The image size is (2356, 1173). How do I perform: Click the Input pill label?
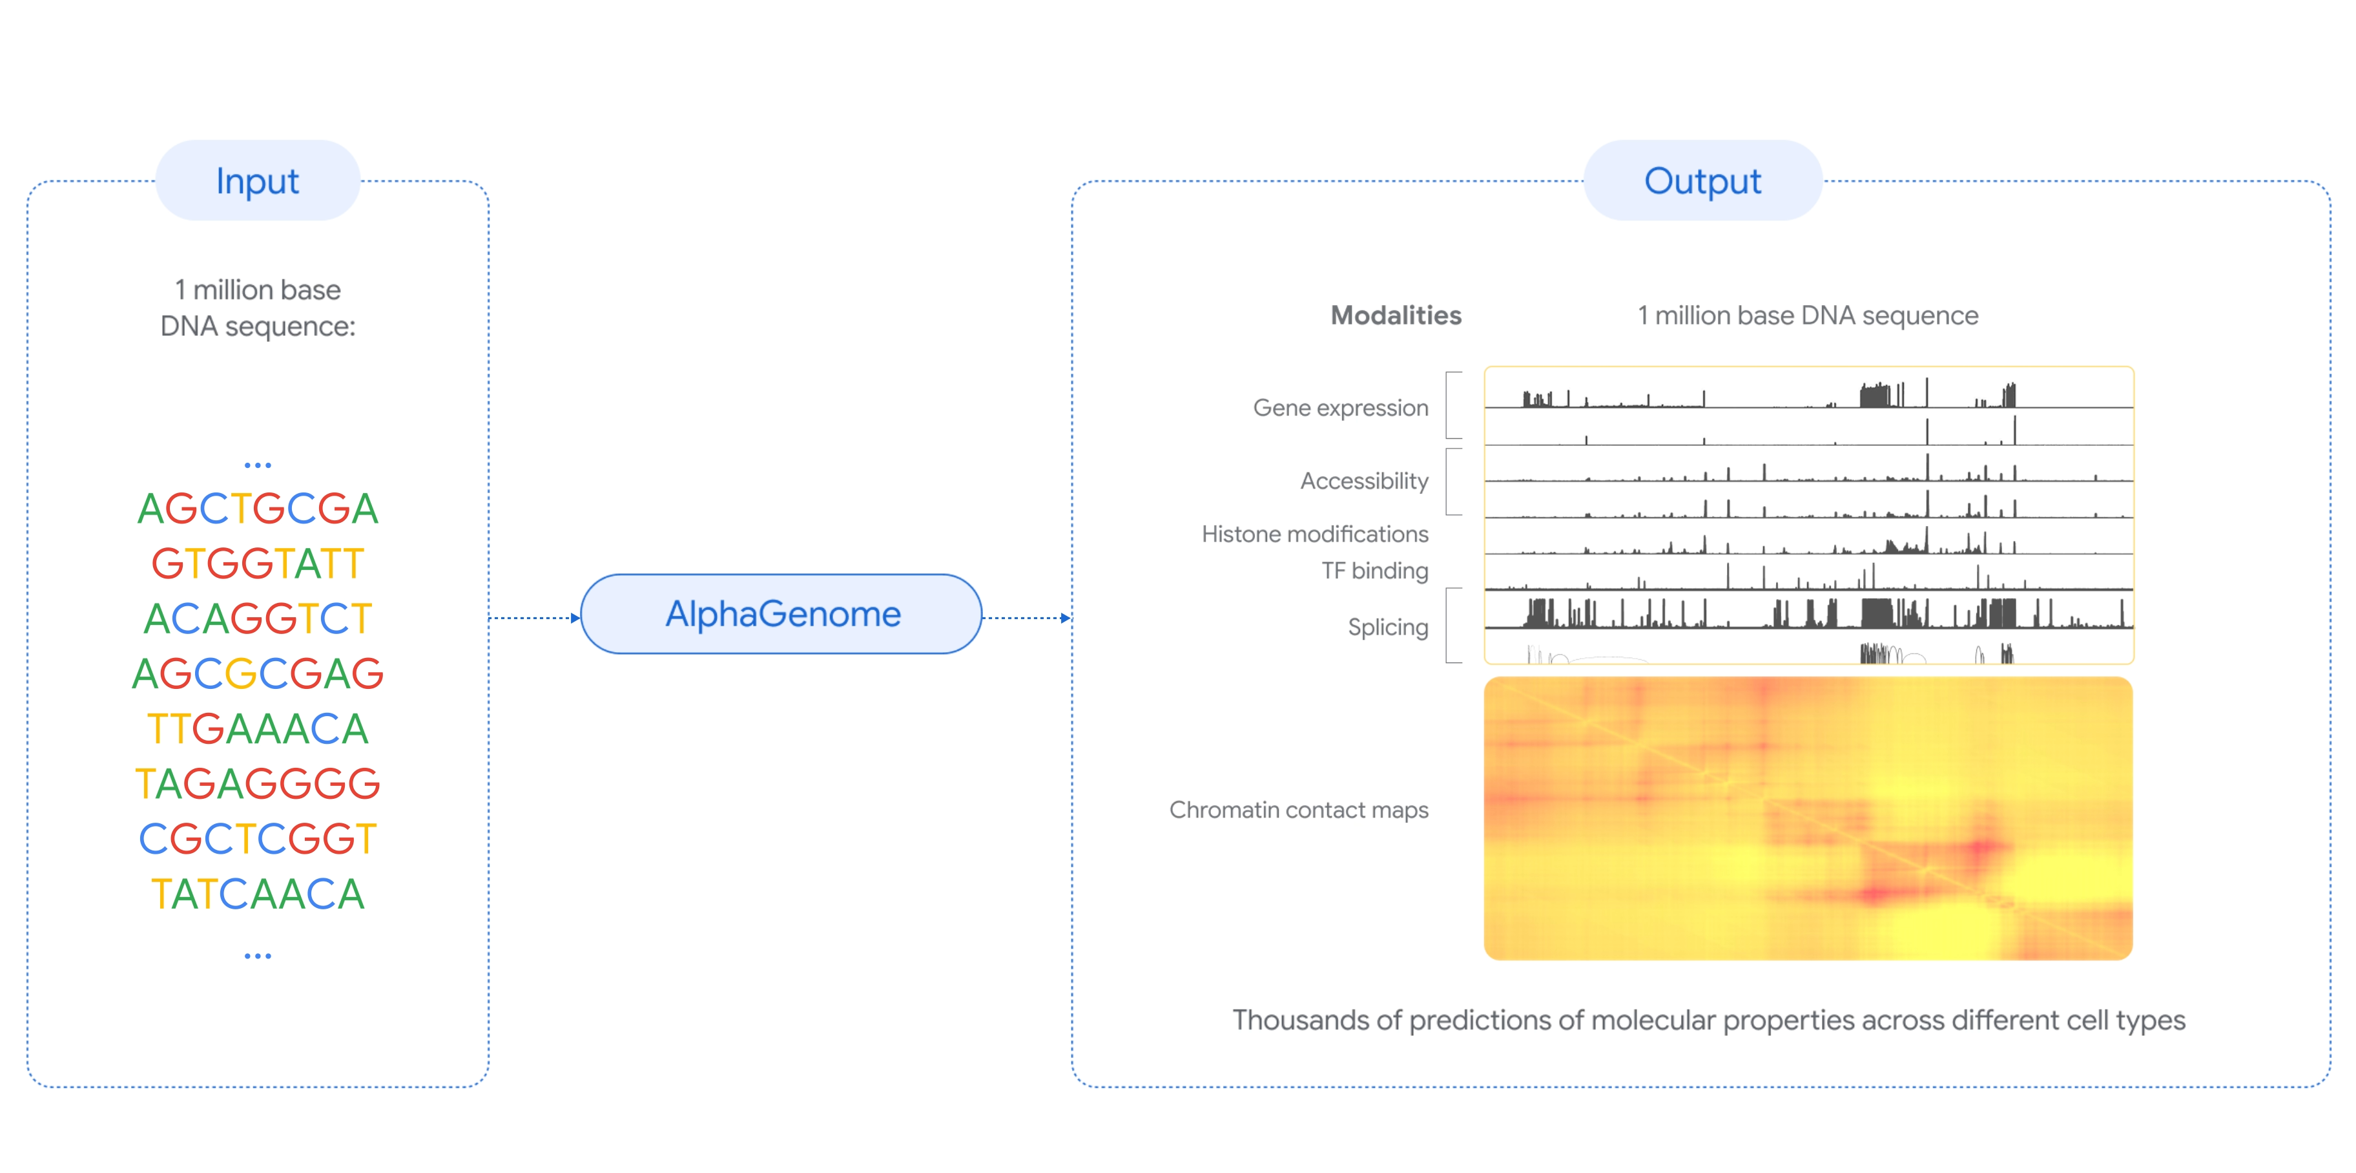point(257,180)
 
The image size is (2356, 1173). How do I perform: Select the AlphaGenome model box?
point(782,614)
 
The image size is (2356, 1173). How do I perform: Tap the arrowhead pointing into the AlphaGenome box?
point(575,618)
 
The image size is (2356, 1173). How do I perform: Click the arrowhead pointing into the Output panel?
point(1066,618)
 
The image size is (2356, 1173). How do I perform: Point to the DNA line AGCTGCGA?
point(258,509)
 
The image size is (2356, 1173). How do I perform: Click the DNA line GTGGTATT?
point(258,564)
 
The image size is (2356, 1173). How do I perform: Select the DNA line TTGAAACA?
point(258,729)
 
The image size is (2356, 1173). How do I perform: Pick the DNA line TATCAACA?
point(258,894)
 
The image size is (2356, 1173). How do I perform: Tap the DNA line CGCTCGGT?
point(258,839)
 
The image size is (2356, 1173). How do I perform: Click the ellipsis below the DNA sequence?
point(258,956)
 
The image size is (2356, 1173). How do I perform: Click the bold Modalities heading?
point(1396,315)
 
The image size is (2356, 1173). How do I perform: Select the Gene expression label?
point(1341,408)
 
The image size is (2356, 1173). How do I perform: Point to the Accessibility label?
point(1365,481)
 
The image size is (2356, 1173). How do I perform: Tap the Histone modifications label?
point(1315,534)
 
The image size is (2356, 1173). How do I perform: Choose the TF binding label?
point(1374,571)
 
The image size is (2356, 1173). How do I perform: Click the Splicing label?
point(1389,628)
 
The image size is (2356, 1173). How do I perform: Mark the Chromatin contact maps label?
point(1299,810)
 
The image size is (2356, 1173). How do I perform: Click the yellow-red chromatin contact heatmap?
point(1808,818)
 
